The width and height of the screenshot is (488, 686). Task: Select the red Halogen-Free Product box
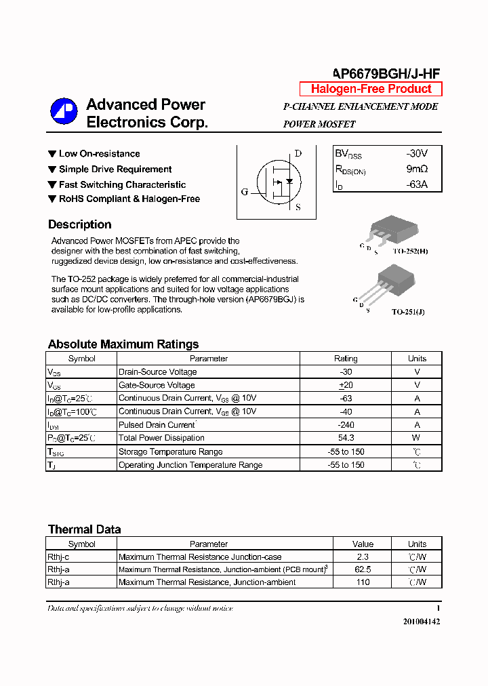point(371,89)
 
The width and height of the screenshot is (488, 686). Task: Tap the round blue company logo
point(64,112)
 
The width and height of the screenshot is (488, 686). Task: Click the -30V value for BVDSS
point(416,154)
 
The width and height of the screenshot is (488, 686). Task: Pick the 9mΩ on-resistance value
point(417,169)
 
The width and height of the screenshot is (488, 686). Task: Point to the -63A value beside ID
point(416,184)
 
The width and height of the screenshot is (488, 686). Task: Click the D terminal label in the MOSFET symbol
point(297,154)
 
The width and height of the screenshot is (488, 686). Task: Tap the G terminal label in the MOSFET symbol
point(245,192)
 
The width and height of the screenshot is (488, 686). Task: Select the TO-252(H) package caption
point(410,251)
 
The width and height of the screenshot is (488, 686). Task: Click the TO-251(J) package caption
point(409,312)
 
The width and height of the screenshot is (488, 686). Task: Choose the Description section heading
point(80,224)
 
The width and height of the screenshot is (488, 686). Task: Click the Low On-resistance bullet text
point(99,154)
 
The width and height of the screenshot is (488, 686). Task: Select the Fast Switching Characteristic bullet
point(122,184)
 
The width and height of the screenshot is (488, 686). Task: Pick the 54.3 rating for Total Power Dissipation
point(346,438)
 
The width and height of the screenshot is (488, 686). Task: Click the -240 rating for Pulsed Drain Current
point(346,425)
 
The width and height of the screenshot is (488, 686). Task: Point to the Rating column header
point(346,359)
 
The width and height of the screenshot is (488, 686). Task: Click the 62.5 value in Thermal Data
point(363,569)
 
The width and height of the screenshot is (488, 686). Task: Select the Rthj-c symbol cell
point(58,557)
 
